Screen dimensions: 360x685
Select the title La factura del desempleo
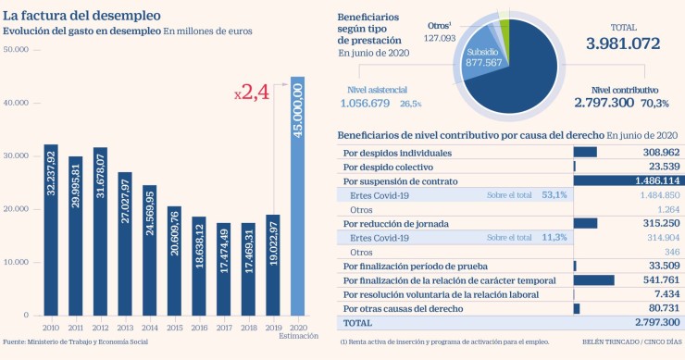click(x=81, y=16)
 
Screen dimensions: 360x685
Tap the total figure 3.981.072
click(x=621, y=43)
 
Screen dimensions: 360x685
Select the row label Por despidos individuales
click(x=397, y=152)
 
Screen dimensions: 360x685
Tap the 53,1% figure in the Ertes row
click(x=554, y=195)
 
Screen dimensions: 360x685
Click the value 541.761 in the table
click(x=658, y=279)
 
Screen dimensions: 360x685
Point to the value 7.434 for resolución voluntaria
click(x=663, y=293)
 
